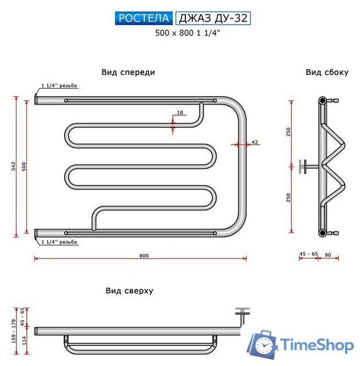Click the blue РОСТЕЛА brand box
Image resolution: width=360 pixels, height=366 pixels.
click(144, 18)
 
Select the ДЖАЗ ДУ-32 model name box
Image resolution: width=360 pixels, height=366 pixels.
click(213, 18)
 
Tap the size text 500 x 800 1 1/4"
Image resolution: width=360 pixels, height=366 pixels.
click(188, 33)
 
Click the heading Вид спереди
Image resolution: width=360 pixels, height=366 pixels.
click(128, 72)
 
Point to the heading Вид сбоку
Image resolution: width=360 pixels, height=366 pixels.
click(327, 72)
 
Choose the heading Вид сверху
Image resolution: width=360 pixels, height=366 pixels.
click(129, 291)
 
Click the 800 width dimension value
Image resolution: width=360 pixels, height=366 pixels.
click(144, 256)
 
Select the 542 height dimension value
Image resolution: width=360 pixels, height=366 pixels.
click(14, 166)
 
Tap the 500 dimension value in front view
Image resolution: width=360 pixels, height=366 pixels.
click(24, 166)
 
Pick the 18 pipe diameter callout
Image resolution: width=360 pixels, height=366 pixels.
click(180, 112)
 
